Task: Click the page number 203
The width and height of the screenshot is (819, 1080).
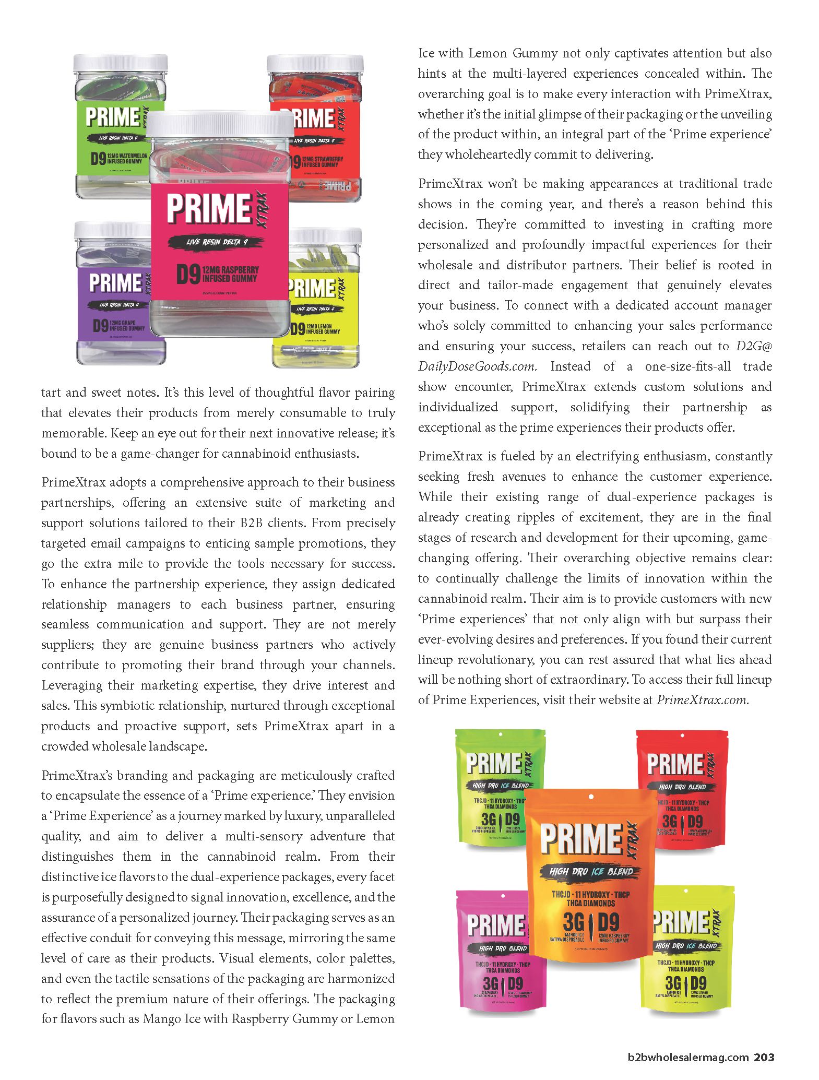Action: pyautogui.click(x=763, y=1058)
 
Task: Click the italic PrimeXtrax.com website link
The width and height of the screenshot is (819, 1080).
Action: pyautogui.click(x=703, y=700)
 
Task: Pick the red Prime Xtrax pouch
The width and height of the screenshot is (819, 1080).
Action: pyautogui.click(x=681, y=788)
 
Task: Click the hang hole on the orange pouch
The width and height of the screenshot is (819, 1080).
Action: pyautogui.click(x=590, y=797)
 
